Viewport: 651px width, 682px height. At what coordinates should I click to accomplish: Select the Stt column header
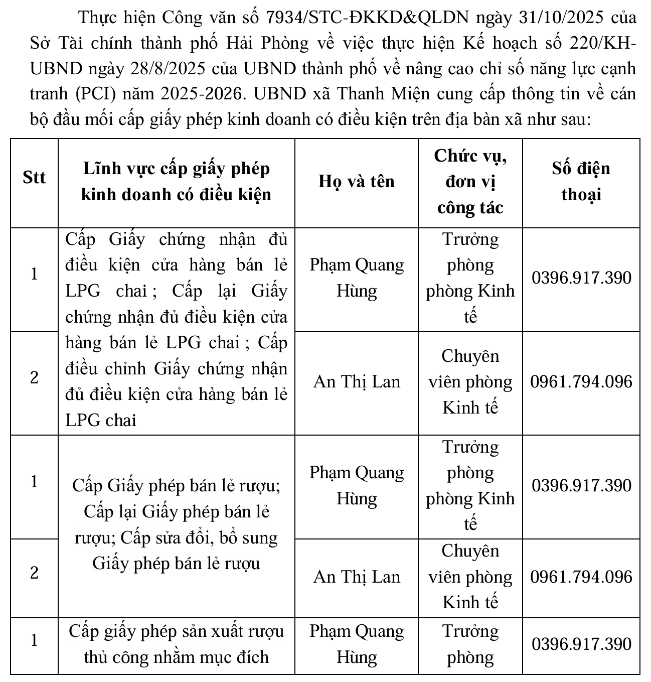[x=34, y=178]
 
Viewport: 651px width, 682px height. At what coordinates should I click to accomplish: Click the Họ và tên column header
[x=357, y=181]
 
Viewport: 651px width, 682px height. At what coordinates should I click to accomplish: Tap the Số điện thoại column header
[x=581, y=181]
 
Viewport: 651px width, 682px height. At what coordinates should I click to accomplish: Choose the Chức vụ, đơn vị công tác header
[x=470, y=181]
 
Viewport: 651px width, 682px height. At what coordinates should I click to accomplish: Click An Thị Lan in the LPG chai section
[x=357, y=382]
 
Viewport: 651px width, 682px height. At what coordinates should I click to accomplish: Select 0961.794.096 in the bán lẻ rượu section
[x=581, y=577]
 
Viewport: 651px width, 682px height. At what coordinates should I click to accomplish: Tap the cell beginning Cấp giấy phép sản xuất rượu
[x=176, y=644]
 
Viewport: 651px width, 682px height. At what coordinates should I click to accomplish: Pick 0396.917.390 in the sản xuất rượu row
[x=581, y=644]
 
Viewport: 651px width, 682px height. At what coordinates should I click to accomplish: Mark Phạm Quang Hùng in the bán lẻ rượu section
[x=357, y=485]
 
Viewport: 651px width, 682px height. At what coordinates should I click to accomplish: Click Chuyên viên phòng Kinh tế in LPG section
[x=470, y=382]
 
